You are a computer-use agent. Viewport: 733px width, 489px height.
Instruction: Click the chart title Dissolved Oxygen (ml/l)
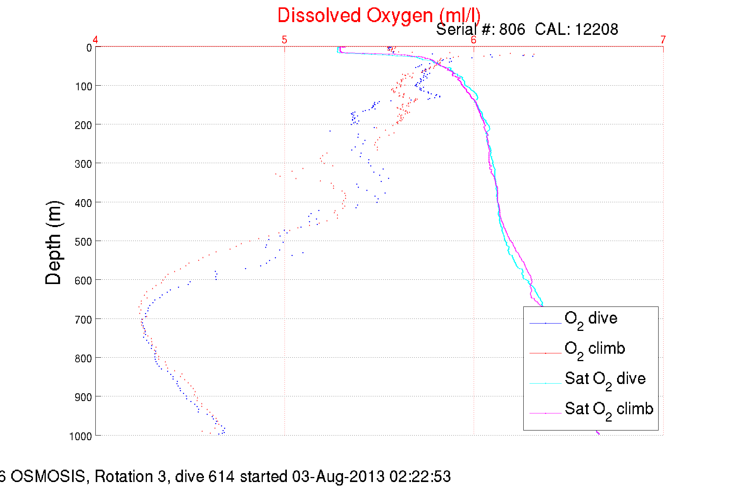(x=379, y=16)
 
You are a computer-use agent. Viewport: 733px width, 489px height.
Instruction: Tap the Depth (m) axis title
(x=53, y=243)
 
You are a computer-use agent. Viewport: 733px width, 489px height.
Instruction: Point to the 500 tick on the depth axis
(x=83, y=242)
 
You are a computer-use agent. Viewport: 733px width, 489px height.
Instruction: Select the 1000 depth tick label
(x=81, y=436)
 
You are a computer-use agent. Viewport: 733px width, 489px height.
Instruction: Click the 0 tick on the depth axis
(x=89, y=48)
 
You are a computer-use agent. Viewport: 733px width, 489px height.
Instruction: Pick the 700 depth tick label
(x=83, y=320)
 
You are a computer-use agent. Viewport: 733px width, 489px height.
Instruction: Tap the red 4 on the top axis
(x=95, y=40)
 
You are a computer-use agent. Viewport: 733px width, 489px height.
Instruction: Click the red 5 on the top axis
(x=285, y=40)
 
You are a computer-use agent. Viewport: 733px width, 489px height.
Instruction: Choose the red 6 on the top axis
(x=473, y=40)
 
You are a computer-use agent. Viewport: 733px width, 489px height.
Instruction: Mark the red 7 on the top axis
(x=663, y=40)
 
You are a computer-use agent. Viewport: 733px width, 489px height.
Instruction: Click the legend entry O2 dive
(x=591, y=319)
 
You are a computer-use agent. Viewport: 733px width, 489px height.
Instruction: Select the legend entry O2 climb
(x=595, y=349)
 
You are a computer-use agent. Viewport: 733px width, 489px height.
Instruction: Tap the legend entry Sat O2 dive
(x=605, y=379)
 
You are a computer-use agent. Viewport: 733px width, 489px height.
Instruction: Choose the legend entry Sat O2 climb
(x=609, y=409)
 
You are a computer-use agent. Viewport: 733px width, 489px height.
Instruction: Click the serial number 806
(x=512, y=29)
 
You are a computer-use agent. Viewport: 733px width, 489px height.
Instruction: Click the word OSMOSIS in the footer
(x=48, y=476)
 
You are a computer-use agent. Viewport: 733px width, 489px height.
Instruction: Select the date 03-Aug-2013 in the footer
(x=338, y=476)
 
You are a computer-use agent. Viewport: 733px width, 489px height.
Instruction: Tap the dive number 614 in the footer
(x=221, y=476)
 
